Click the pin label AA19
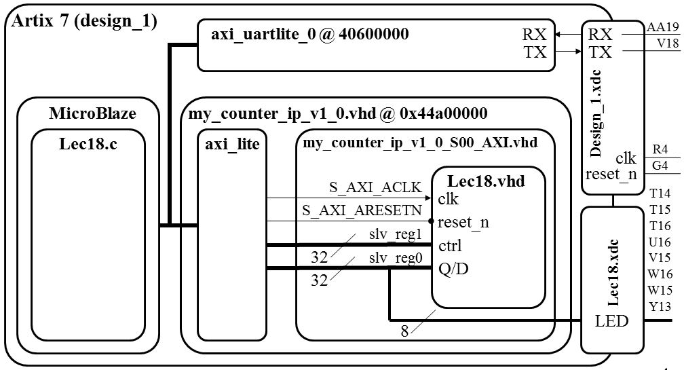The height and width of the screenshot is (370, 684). click(662, 27)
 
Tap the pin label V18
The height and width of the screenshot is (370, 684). click(663, 43)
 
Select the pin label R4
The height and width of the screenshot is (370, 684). click(660, 149)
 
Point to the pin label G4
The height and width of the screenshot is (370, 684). click(660, 164)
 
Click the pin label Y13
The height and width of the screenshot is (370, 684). click(660, 307)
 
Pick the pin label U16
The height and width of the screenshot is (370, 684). click(660, 242)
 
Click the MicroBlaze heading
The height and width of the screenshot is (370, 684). click(92, 113)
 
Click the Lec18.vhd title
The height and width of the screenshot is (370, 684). click(486, 181)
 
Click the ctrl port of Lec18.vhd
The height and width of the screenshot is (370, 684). click(450, 245)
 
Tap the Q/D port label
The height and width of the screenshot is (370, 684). click(453, 270)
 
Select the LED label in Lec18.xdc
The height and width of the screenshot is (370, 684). click(612, 320)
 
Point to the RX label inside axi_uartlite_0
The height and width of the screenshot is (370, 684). click(535, 35)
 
